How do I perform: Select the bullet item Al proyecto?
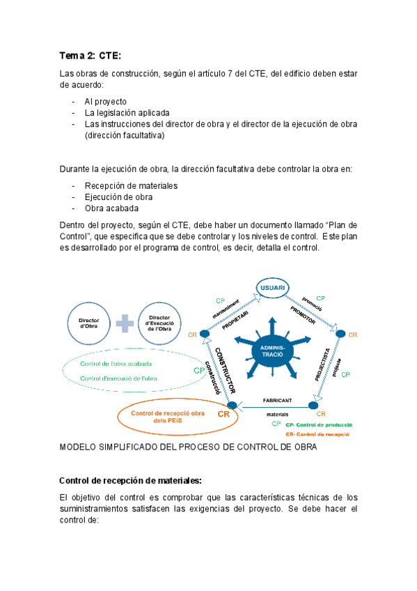point(105,101)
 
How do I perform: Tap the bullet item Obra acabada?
point(111,208)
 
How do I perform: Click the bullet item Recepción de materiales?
point(131,186)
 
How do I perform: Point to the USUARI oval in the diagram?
point(272,289)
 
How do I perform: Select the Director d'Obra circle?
point(88,323)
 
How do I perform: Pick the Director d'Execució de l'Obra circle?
point(163,323)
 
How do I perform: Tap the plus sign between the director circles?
point(125,323)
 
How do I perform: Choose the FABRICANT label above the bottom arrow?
point(276,400)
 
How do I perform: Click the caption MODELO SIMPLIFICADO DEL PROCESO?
point(188,447)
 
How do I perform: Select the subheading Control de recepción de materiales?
point(130,480)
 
